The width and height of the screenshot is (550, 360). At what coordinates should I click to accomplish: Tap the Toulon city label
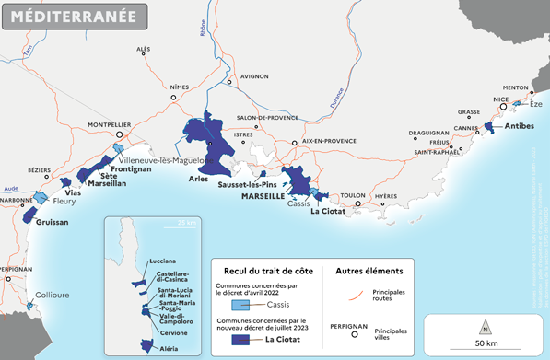click(x=353, y=196)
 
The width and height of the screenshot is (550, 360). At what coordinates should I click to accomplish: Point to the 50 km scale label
click(x=485, y=343)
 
